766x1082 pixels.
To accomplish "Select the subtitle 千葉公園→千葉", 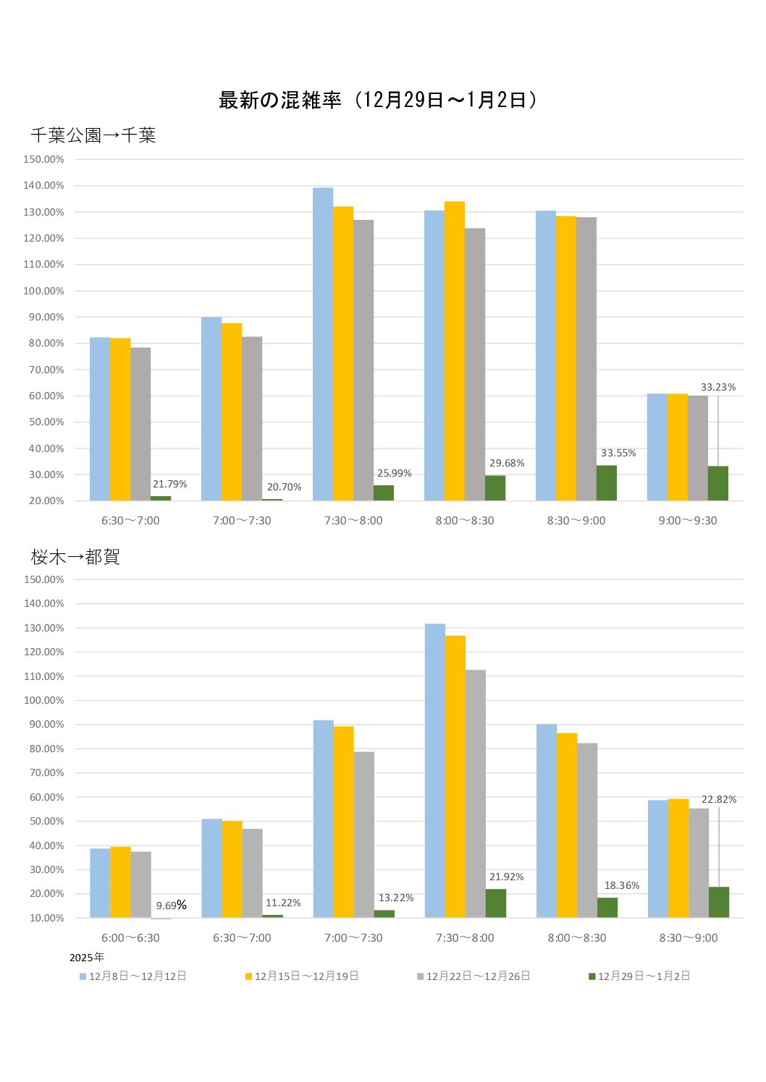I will click(93, 135).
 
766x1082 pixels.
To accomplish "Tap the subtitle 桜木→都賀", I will click(75, 557).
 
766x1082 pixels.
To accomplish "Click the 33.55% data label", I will click(618, 453).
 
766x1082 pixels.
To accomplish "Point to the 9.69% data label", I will click(171, 906).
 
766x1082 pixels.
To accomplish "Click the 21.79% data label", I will click(169, 485).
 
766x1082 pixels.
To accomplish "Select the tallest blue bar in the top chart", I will click(323, 344).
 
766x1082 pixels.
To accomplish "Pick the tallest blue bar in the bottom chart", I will click(435, 770).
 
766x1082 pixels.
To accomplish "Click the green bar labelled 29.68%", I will click(495, 488).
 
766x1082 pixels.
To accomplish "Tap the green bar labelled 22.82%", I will click(719, 903).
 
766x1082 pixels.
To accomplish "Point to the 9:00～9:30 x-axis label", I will click(688, 521).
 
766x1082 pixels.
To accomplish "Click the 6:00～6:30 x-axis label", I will click(130, 938).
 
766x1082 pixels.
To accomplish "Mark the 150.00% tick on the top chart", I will click(43, 159).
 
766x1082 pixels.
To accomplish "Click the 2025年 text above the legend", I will click(87, 958).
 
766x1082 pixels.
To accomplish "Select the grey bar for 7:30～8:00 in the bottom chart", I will click(476, 793).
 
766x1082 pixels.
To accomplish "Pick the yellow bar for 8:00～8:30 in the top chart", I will click(455, 351).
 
